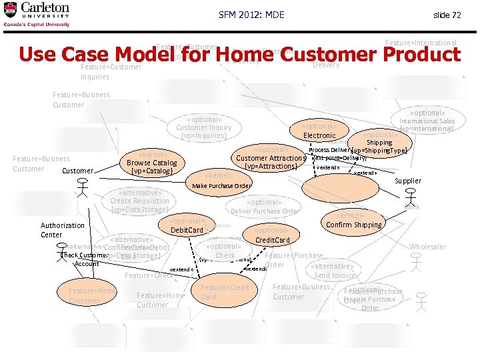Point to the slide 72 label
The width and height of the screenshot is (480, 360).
[x=447, y=15]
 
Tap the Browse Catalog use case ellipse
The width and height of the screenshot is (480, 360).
[x=151, y=163]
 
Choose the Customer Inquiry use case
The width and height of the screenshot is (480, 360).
[x=203, y=127]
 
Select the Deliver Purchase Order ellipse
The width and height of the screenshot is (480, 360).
[x=264, y=207]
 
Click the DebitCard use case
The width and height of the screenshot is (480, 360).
[x=187, y=226]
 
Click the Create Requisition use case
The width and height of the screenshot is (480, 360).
[x=139, y=201]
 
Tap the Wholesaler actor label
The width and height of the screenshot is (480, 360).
[x=427, y=247]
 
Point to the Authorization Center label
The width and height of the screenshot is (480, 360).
[x=63, y=230]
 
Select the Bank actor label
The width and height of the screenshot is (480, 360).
[x=412, y=207]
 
